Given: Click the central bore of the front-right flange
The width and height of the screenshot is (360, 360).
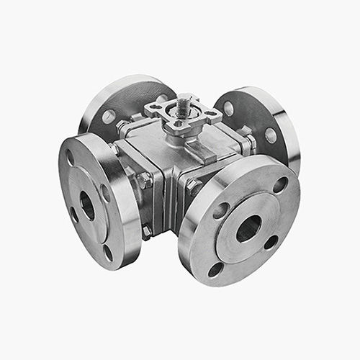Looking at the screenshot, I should point(248,229).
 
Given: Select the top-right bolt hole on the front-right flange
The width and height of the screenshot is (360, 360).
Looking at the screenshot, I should point(279,184).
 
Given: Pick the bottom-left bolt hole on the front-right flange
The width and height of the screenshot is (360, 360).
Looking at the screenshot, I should point(216,269).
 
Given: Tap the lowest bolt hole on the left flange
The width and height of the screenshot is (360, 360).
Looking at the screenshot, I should point(107,252).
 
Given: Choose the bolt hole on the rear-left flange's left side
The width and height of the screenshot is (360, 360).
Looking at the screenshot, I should point(109,116).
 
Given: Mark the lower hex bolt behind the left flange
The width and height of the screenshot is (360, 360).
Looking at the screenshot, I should point(147,231).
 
